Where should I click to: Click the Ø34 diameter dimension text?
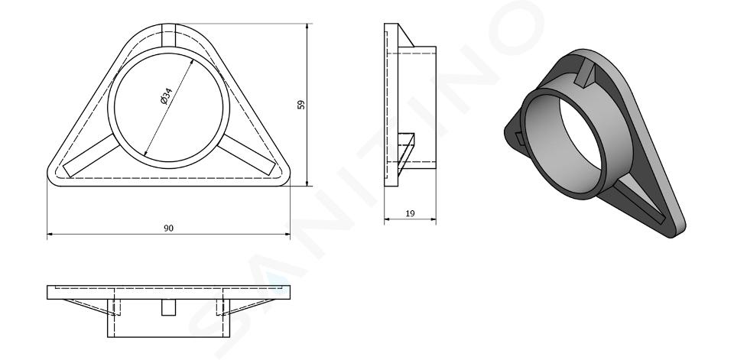click(x=166, y=96)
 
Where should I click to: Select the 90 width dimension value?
click(x=168, y=228)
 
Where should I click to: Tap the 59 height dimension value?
click(x=301, y=105)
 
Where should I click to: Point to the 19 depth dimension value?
click(x=410, y=213)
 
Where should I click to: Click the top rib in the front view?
click(x=168, y=35)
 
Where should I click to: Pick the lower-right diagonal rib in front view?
click(x=247, y=155)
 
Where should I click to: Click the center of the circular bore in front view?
click(x=168, y=108)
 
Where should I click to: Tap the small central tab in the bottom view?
click(x=168, y=307)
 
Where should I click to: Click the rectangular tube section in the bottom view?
click(x=168, y=318)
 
